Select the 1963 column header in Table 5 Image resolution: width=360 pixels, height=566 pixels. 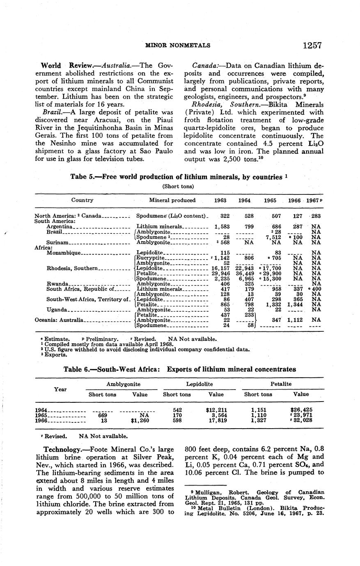click(x=220, y=201)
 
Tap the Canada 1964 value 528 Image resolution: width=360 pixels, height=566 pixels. click(x=245, y=216)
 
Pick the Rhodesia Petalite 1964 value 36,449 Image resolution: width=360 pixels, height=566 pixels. click(x=244, y=273)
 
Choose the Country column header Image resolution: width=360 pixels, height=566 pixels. click(x=82, y=201)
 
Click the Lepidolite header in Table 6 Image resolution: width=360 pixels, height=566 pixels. click(x=199, y=384)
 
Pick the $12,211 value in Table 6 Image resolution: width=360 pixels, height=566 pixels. click(x=216, y=410)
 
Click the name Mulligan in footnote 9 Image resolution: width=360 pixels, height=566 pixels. click(x=204, y=492)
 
